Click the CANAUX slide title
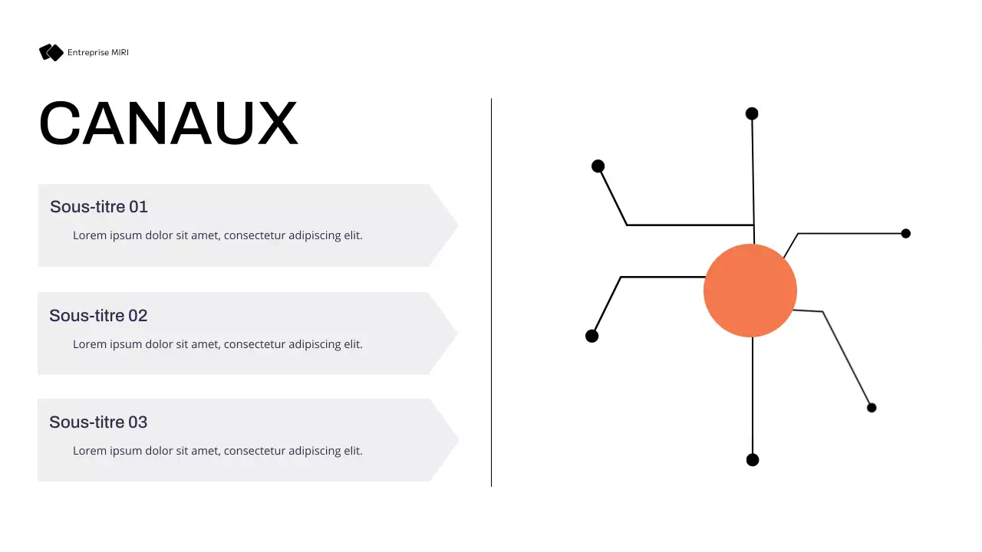(168, 123)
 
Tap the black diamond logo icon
(51, 52)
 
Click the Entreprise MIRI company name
(98, 52)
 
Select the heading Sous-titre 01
(99, 207)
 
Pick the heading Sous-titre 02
(98, 316)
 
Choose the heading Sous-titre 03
(98, 422)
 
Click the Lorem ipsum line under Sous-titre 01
(218, 235)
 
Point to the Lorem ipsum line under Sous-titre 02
(218, 344)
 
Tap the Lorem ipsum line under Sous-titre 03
(218, 451)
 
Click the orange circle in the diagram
(750, 291)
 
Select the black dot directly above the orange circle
(752, 113)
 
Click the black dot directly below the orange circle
(753, 460)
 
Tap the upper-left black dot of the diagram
(598, 166)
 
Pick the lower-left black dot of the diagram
(592, 336)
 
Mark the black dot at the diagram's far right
(906, 233)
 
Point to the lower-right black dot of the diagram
(872, 408)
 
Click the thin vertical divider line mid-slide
(492, 291)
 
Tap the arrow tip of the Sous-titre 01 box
(453, 225)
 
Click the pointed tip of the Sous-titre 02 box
(452, 333)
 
